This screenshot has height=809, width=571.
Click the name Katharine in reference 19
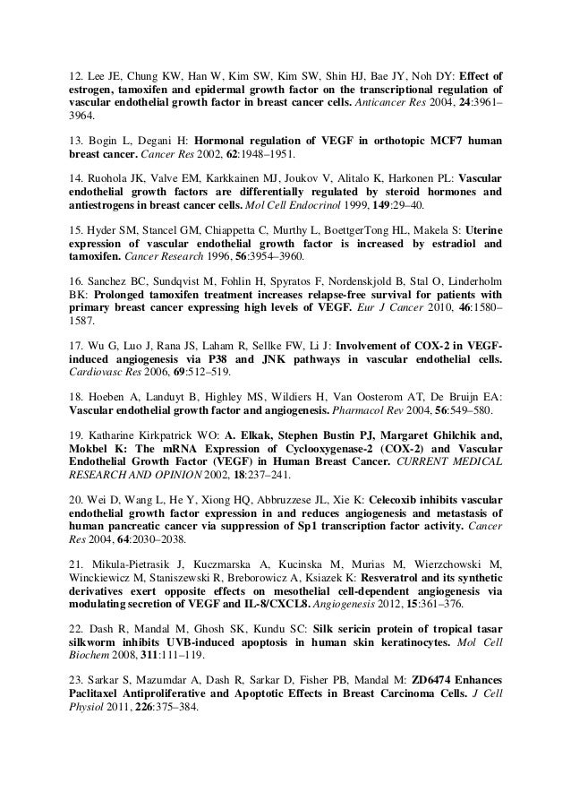click(118, 437)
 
